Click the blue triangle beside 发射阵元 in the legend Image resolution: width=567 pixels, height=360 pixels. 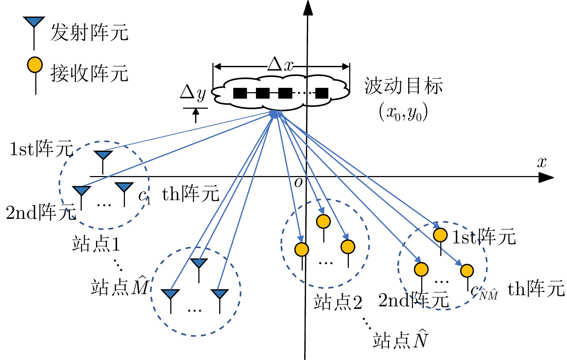[34, 22]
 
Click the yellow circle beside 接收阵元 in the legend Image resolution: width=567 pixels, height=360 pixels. [35, 65]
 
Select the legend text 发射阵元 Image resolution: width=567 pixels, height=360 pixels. [89, 33]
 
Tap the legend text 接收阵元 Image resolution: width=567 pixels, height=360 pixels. [89, 73]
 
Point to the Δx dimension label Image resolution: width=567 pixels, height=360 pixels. [280, 65]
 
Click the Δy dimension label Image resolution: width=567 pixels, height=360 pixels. [193, 93]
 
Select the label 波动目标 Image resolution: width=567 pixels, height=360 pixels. [403, 86]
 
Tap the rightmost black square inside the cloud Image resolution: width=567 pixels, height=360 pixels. [322, 93]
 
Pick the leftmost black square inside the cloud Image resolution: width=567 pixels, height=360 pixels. [240, 93]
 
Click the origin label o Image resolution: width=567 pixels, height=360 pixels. [298, 183]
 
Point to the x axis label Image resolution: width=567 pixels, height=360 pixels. [542, 162]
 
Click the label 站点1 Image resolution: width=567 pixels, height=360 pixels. [96, 244]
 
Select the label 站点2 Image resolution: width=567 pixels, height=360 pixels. [338, 302]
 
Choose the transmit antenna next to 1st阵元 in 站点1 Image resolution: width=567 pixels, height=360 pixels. [103, 155]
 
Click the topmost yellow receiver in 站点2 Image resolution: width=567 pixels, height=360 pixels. [323, 221]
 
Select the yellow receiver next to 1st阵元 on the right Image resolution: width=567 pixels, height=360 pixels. [440, 235]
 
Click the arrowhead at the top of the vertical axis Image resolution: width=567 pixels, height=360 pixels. [307, 7]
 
